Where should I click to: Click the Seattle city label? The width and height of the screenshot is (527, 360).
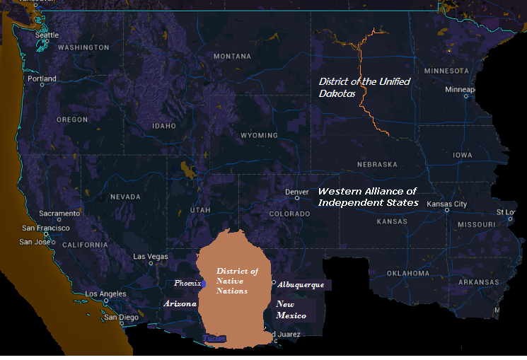coord(47,35)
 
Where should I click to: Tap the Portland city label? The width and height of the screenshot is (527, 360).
coord(42,79)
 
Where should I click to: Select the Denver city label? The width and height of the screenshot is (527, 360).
coord(296,192)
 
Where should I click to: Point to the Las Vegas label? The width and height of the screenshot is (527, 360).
coord(151,256)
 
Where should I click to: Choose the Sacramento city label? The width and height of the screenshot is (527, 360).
coord(59,213)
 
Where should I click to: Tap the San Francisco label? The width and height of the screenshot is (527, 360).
coord(46,228)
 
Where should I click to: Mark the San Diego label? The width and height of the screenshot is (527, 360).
coord(120,317)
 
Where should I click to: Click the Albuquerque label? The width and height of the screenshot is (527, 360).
coord(301,284)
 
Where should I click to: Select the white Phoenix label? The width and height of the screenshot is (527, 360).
coord(187,284)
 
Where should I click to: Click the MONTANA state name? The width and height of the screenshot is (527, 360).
coord(232,57)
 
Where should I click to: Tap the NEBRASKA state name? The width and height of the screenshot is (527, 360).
coord(377,164)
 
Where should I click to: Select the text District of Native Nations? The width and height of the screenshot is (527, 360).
coord(237,281)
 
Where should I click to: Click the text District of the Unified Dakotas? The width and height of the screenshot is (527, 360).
coord(364,87)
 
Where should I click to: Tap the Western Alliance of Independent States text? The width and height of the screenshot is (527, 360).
coord(368,197)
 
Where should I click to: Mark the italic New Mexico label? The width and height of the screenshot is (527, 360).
coord(291,309)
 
